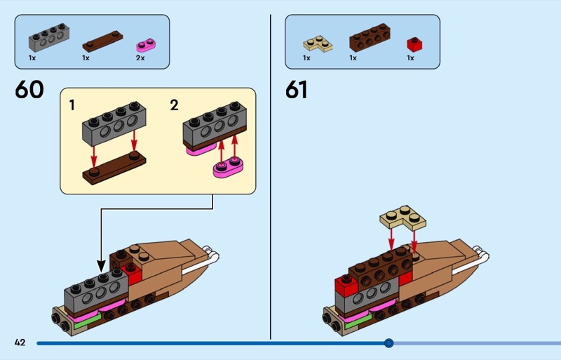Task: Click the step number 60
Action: coord(29,90)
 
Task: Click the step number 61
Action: coord(297,91)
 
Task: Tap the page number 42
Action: coord(20,342)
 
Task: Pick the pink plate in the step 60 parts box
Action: coord(146,45)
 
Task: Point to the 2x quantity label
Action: coord(140,58)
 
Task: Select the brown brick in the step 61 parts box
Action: coord(370,38)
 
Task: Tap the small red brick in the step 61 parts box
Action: coord(414,44)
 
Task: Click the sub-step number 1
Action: coord(72,105)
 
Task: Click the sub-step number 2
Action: coord(174,105)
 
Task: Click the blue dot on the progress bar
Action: coord(389,343)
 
